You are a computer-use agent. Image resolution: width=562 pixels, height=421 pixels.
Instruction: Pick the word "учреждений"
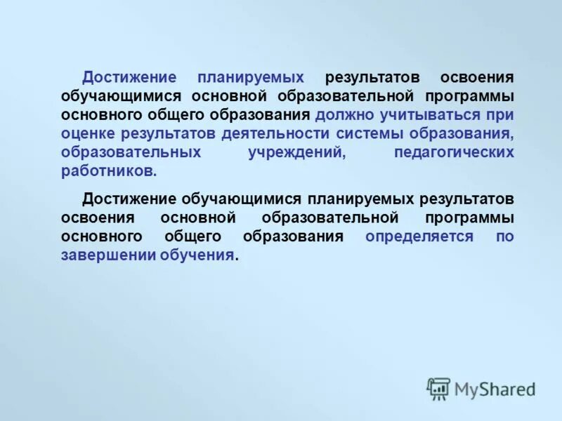pyautogui.click(x=297, y=152)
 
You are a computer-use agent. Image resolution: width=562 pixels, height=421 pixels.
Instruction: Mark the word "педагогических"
pyautogui.click(x=454, y=152)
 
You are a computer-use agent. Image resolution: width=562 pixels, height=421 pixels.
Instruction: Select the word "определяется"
pyautogui.click(x=419, y=236)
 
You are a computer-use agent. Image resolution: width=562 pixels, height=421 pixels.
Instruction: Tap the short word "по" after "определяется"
pyautogui.click(x=505, y=236)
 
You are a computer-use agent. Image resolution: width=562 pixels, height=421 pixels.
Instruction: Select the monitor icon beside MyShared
pyautogui.click(x=438, y=388)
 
